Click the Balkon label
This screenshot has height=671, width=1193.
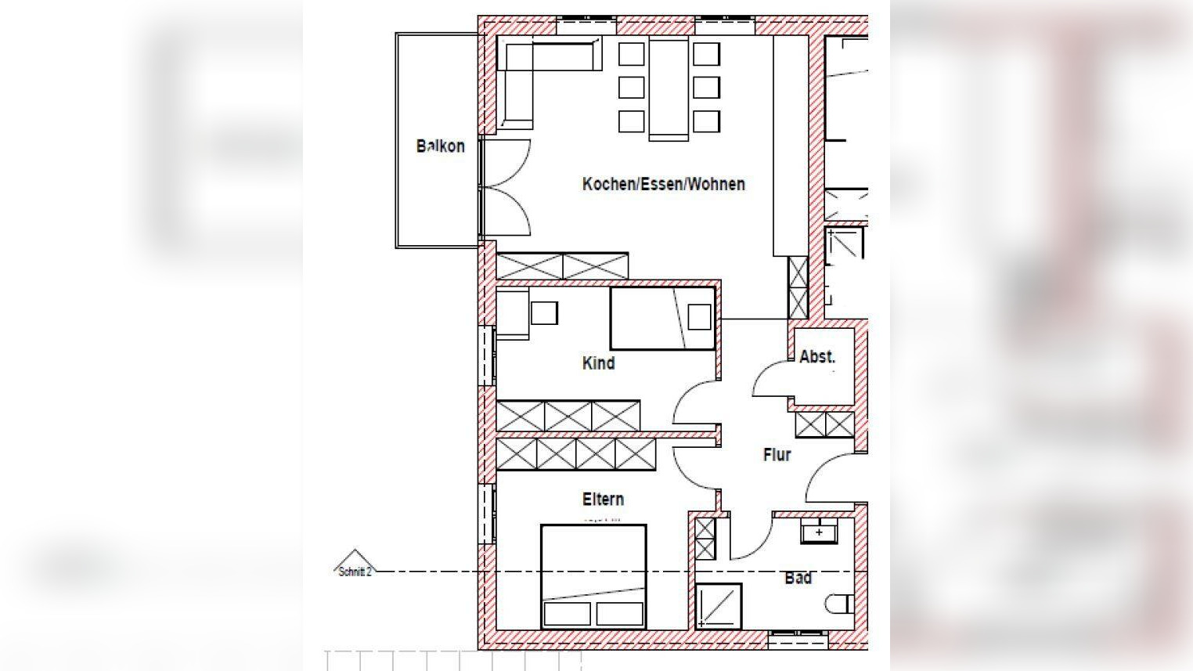pos(440,146)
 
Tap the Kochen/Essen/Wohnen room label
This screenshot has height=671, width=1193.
pos(664,184)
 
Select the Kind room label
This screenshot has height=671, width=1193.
pos(599,363)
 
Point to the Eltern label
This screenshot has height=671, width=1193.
pos(603,500)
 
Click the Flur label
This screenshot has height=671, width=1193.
pos(777,455)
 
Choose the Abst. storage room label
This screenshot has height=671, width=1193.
pos(817,357)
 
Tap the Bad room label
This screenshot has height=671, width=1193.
pos(798,578)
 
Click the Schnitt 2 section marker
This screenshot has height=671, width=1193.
pos(355,565)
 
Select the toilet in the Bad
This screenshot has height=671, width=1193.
pos(840,604)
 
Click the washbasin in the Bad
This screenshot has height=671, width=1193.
pos(819,532)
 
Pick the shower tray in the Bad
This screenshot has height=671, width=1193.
pos(719,607)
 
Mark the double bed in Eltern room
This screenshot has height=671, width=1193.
pos(594,577)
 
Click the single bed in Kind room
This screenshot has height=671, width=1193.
pos(662,319)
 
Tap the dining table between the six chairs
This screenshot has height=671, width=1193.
pos(669,88)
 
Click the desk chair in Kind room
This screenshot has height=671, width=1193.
pos(544,313)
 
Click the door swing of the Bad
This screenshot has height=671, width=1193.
pos(752,538)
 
